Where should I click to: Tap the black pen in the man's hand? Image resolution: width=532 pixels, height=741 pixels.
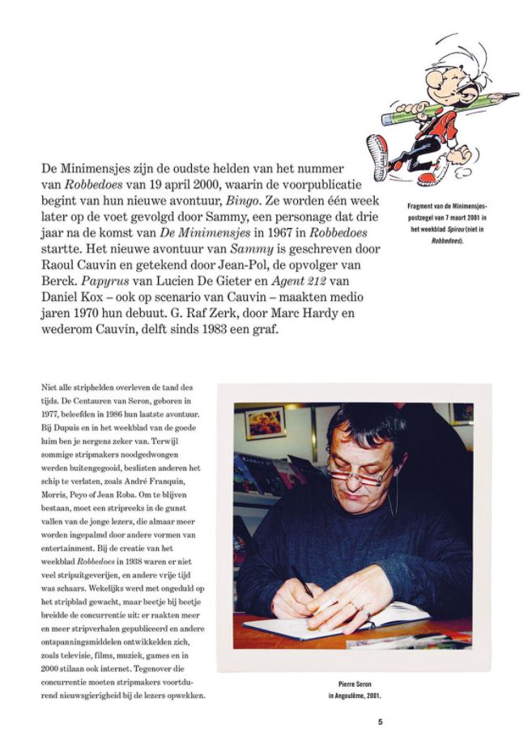coord(300,581)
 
